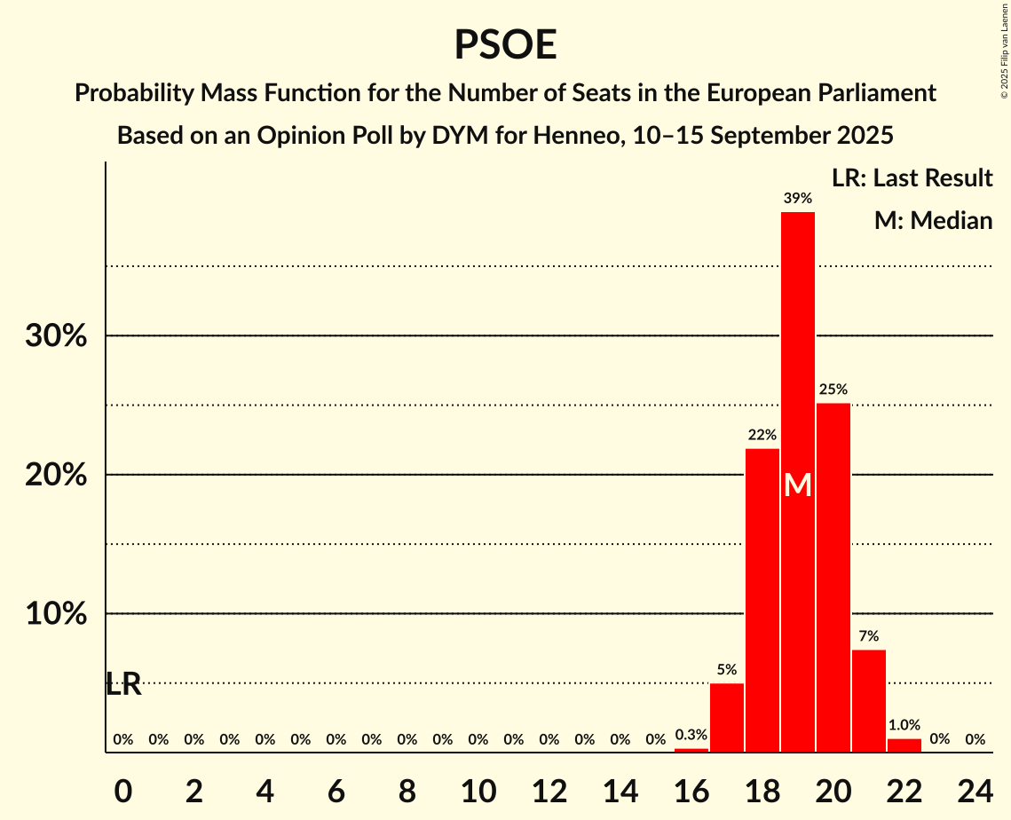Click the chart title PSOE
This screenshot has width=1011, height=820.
pos(505,44)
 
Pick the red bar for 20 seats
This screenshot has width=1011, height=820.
pos(833,578)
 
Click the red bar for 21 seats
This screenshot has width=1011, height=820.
pos(869,701)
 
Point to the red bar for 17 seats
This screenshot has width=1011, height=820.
pos(727,718)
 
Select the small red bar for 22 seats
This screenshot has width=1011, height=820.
pos(904,745)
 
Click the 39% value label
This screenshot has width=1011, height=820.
pos(798,199)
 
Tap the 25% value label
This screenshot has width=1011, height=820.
pos(833,390)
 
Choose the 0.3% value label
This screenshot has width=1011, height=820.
pos(691,735)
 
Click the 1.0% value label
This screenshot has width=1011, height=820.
pos(904,724)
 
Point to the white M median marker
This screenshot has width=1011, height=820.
pos(798,485)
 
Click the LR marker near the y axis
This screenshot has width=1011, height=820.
pos(123,684)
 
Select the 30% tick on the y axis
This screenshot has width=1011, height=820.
pos(56,336)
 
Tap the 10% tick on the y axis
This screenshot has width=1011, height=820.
pos(56,614)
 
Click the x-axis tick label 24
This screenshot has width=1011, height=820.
pos(975,787)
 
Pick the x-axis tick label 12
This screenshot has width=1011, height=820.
pos(549,787)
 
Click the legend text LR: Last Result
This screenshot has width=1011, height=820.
pos(912,178)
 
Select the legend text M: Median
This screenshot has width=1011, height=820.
pos(933,220)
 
